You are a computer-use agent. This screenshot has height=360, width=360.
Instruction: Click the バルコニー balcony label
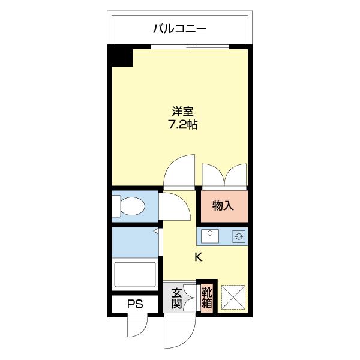pos(179,28)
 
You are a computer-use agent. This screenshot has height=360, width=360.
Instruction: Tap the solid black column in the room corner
pos(120,56)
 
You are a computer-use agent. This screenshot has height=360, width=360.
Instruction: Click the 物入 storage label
pos(223,206)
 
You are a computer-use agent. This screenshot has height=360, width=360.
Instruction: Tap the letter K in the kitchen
pos(198,257)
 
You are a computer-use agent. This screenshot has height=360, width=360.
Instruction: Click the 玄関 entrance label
pos(177,298)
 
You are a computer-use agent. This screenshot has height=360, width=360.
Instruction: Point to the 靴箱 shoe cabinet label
pos(206,298)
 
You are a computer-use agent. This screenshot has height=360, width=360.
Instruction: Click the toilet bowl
pos(133,207)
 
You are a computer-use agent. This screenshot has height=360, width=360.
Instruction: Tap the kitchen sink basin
pos(210,236)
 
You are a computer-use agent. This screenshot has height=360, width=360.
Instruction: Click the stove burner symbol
pos(239,236)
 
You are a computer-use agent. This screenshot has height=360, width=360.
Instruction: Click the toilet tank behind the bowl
pos(116,207)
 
